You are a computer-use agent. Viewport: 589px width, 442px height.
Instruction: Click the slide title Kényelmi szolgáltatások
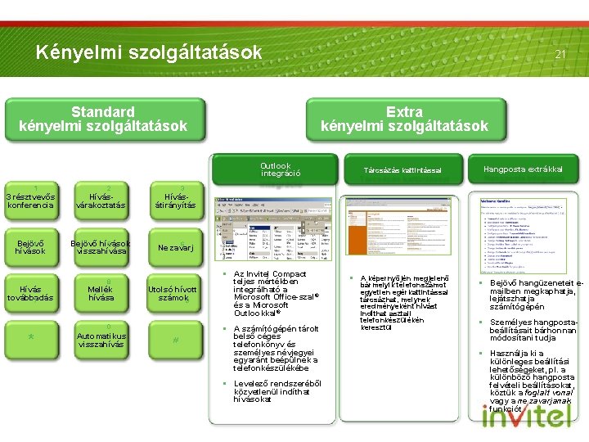click(x=148, y=52)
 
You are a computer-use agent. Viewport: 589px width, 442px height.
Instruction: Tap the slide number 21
click(x=560, y=54)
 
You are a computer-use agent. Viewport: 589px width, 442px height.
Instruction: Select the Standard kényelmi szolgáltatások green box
click(x=103, y=119)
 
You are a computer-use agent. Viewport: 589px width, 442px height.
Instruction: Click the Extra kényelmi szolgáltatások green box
click(x=404, y=119)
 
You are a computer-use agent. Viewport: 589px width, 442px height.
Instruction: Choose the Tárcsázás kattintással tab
click(x=402, y=170)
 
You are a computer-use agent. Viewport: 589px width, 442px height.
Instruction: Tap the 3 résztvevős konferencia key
click(x=29, y=201)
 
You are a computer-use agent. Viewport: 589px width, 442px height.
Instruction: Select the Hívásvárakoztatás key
click(x=101, y=201)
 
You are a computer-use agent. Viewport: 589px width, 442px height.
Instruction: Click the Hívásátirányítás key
click(x=174, y=201)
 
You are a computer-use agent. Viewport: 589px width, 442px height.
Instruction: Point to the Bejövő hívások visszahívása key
click(x=101, y=247)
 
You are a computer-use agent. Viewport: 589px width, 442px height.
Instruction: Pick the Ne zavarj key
click(x=174, y=247)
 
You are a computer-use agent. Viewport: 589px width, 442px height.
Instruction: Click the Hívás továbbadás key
click(x=29, y=293)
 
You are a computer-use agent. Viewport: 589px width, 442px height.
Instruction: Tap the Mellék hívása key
click(x=101, y=293)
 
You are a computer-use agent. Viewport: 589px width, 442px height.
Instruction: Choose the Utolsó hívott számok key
click(x=174, y=293)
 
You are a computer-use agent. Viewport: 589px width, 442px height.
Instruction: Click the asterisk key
click(x=29, y=339)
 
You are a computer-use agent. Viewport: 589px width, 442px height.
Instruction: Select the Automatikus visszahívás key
click(x=101, y=339)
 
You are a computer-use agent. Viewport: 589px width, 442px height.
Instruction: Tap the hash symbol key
click(x=174, y=339)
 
